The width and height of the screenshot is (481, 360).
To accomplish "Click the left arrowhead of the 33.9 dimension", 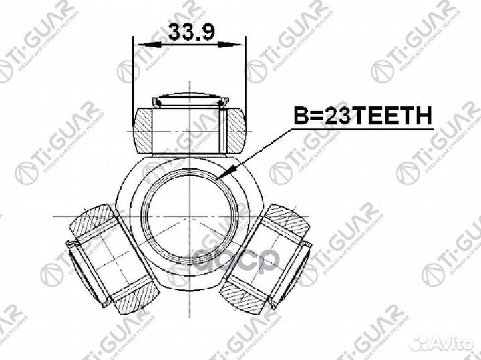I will coord(141,45).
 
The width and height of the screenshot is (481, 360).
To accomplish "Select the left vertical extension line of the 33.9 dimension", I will coord(135,73).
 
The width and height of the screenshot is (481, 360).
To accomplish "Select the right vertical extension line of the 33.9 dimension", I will coord(246,73).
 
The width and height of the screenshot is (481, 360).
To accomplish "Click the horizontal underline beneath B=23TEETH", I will coord(361,130).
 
